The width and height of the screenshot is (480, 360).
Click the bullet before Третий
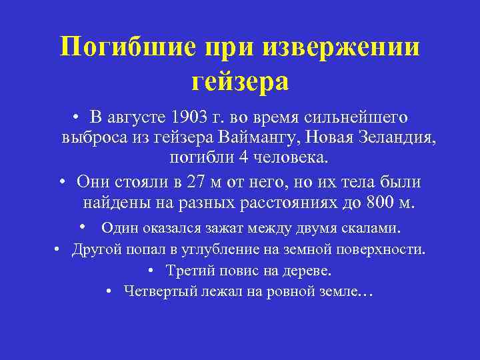(x=153, y=271)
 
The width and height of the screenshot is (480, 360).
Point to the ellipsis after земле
(x=367, y=294)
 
